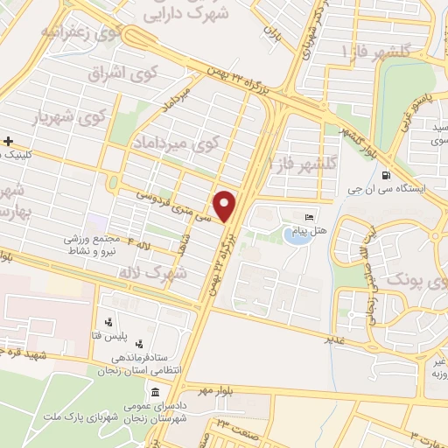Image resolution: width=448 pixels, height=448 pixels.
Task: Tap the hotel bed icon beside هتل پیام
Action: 308,217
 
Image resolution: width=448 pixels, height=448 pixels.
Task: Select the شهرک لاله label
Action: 158,273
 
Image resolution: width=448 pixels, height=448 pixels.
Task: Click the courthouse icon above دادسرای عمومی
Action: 156,389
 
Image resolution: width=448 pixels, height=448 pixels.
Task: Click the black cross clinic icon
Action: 7,140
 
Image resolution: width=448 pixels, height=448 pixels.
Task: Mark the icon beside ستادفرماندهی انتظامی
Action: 139,344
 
